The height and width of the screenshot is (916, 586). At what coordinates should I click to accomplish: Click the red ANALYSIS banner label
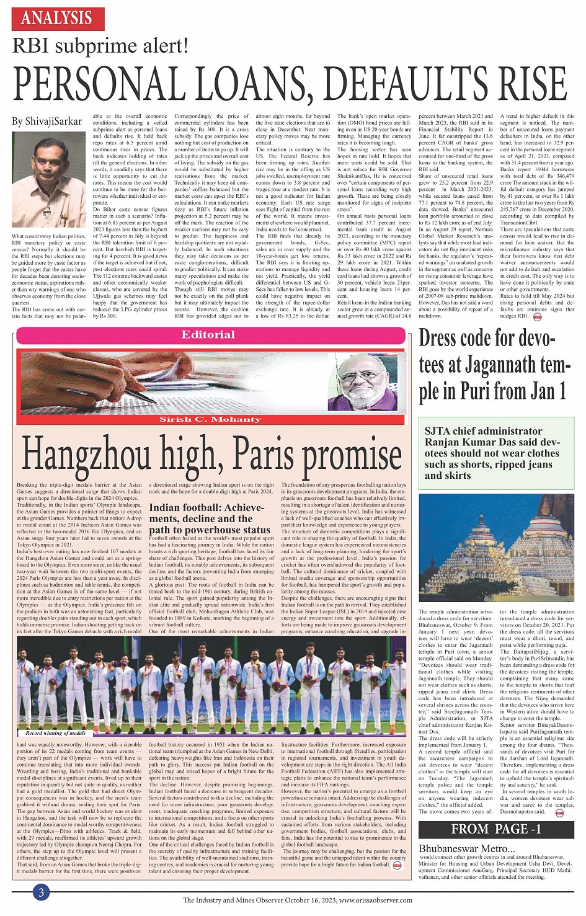point(58,17)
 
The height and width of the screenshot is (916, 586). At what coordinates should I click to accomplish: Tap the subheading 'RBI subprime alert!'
point(100,46)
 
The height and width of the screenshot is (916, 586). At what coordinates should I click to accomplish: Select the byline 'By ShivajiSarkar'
point(47,122)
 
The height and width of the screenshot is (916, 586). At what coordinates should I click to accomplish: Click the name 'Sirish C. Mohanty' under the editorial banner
point(210,420)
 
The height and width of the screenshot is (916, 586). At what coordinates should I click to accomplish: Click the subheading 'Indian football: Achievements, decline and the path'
point(210,518)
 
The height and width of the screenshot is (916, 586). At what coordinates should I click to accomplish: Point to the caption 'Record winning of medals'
point(56,733)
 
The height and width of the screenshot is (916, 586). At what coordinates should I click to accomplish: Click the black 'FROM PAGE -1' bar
point(496,829)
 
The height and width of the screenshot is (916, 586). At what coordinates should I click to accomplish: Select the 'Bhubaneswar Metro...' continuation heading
point(466,848)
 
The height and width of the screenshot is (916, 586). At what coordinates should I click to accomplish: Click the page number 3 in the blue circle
point(41,893)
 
